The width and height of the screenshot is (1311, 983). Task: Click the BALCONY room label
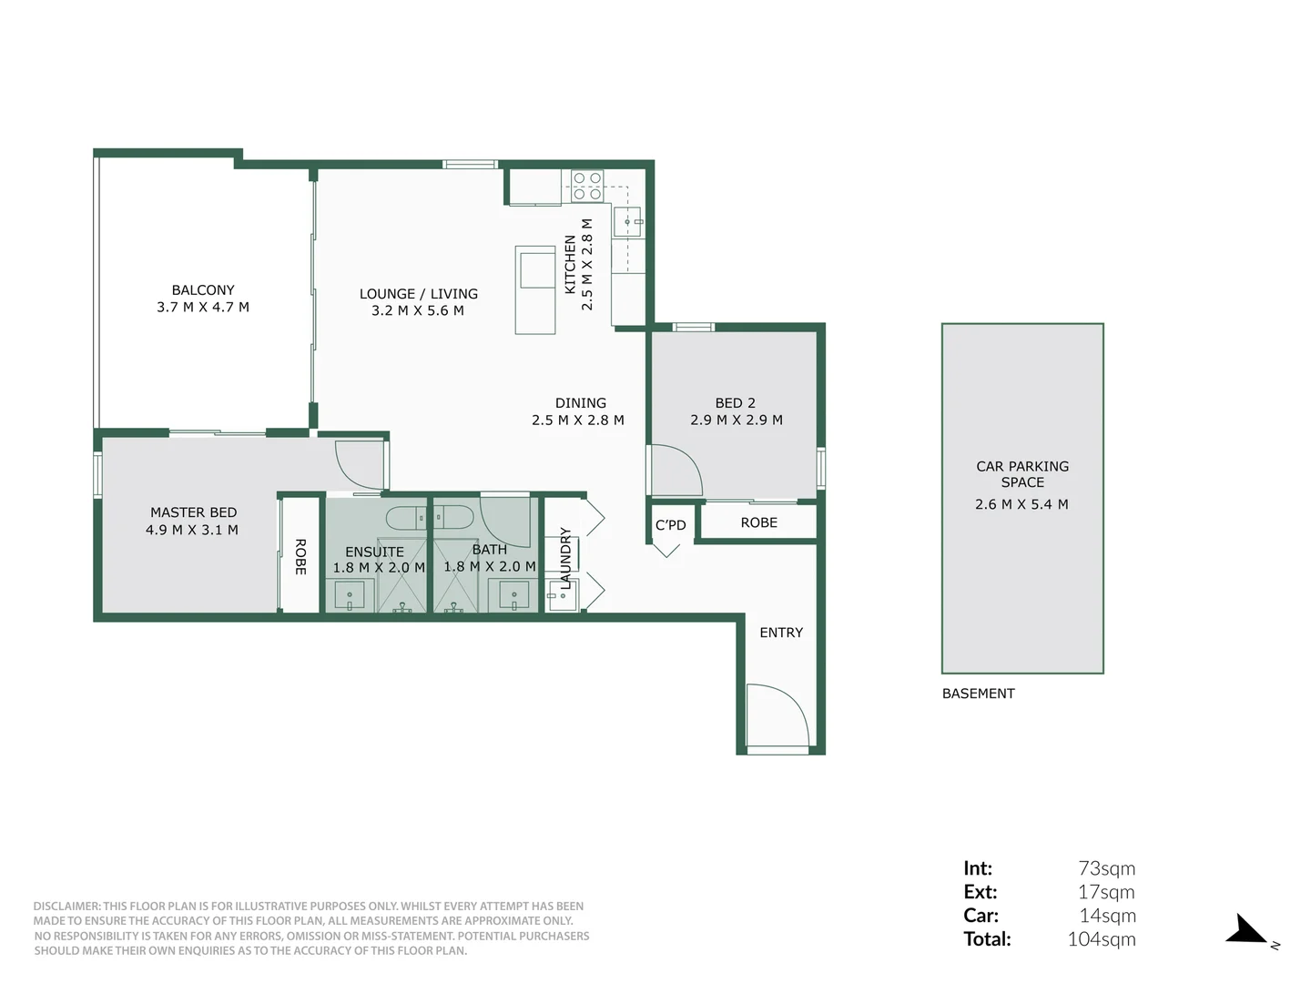203,290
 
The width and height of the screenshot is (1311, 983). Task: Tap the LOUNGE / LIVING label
418,294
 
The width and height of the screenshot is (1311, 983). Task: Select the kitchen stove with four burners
587,186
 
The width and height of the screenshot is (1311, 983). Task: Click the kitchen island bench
535,289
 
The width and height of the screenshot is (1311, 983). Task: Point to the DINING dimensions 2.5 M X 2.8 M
578,421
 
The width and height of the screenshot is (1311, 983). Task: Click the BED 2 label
735,402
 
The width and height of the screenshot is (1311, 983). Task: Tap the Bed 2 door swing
676,471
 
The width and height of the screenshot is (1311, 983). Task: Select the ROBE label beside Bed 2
758,522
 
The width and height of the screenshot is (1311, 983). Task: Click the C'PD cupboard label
670,525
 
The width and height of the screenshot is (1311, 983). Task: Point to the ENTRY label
781,633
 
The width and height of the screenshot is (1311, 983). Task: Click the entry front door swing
776,716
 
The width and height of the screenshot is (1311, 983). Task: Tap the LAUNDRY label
565,558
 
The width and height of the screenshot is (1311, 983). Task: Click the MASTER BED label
193,512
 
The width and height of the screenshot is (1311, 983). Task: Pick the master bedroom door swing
359,465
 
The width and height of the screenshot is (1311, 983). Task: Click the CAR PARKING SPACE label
1022,474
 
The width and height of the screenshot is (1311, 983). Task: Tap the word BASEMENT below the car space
978,694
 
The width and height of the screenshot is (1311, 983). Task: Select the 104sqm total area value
1101,939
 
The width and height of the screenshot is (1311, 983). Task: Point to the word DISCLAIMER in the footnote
66,907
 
